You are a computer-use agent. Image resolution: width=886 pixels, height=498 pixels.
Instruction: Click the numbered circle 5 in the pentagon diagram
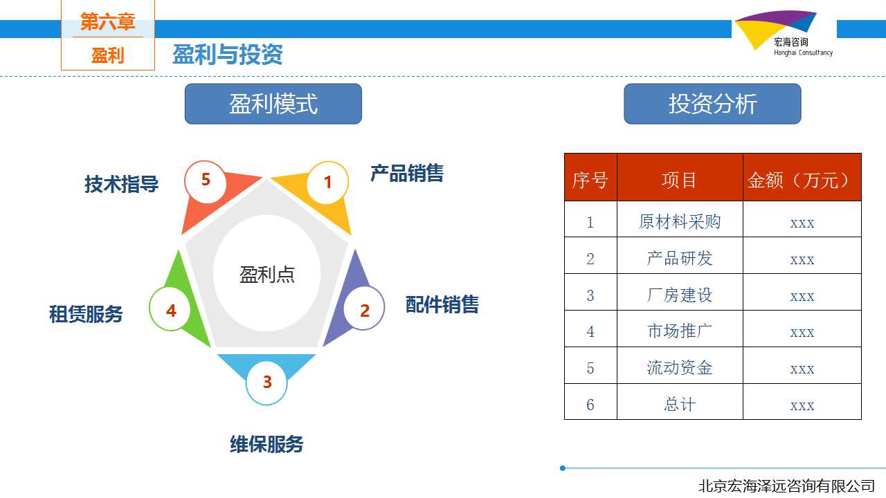(x=206, y=182)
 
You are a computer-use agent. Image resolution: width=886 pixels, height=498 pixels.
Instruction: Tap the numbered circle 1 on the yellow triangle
(x=327, y=183)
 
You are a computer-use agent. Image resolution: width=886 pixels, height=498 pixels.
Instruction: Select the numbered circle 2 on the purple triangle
(x=364, y=308)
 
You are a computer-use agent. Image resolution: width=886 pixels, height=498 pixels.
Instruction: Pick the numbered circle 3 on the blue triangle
(x=266, y=383)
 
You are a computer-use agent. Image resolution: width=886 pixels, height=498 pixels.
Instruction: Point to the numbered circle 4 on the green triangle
(x=170, y=308)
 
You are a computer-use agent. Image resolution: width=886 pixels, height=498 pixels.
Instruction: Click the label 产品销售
(x=407, y=174)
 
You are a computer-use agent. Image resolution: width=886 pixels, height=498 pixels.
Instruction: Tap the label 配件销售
(x=442, y=305)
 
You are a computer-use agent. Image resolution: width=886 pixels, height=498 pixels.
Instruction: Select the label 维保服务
(x=266, y=444)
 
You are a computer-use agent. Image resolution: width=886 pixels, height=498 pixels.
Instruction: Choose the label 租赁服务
(x=86, y=314)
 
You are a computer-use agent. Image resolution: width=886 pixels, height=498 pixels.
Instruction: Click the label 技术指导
(x=121, y=184)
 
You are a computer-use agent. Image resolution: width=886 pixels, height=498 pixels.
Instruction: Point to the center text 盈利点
(x=267, y=275)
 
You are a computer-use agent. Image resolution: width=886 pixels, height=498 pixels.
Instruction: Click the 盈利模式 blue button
(x=273, y=104)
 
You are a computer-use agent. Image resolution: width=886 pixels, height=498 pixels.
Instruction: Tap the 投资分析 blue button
(x=712, y=104)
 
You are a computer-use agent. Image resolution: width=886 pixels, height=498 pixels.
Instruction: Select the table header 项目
(x=679, y=180)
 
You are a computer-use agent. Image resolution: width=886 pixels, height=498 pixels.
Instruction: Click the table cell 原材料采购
(x=680, y=222)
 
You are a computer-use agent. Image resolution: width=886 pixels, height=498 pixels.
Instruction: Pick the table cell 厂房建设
(x=680, y=295)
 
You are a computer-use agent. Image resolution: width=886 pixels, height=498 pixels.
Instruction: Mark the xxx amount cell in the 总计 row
(x=802, y=406)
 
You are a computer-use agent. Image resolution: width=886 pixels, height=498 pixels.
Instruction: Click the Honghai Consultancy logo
(x=783, y=34)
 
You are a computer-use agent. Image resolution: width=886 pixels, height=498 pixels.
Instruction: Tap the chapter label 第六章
(x=107, y=21)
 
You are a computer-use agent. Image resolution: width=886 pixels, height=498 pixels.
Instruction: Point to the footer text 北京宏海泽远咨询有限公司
(x=786, y=486)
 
